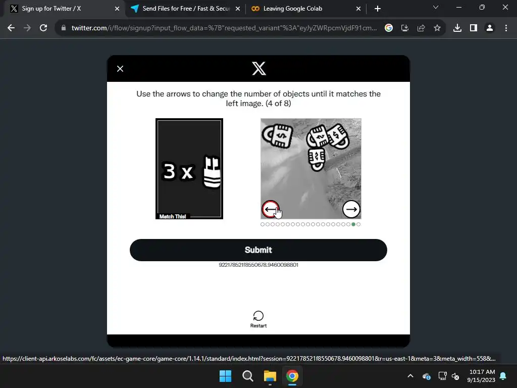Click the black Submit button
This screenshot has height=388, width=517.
click(x=258, y=250)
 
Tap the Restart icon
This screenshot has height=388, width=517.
click(x=258, y=316)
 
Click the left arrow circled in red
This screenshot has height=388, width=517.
click(x=271, y=209)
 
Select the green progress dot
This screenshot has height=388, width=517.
click(x=353, y=224)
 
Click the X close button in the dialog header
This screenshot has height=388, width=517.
click(x=120, y=69)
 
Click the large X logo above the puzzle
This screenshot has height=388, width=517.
click(x=259, y=68)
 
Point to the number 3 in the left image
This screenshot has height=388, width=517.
click(x=169, y=171)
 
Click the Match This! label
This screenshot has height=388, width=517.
click(x=173, y=216)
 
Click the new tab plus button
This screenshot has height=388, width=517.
click(x=378, y=9)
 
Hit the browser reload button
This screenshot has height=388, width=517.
click(x=43, y=28)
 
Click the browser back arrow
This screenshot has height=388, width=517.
click(x=11, y=28)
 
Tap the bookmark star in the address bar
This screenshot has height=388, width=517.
click(x=437, y=28)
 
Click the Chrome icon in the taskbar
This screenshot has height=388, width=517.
click(x=292, y=376)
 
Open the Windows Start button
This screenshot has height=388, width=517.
click(x=225, y=376)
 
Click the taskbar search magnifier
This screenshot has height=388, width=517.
click(x=247, y=376)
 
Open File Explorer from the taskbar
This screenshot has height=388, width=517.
click(x=270, y=376)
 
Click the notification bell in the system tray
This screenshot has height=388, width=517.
click(x=503, y=376)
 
